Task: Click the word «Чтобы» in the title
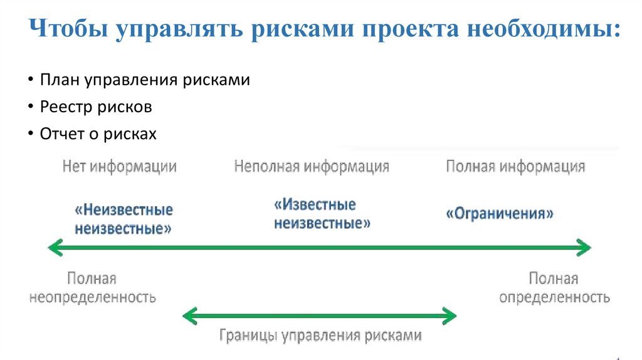(x=67, y=31)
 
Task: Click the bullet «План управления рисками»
(x=145, y=80)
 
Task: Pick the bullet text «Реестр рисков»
(x=96, y=107)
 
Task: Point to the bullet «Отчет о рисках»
(x=98, y=134)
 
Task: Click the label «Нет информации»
(x=119, y=167)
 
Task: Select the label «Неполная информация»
(x=312, y=167)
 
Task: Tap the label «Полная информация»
(x=515, y=167)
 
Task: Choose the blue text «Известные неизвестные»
(x=322, y=214)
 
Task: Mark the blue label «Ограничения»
(x=500, y=213)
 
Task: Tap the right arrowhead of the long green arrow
(x=585, y=248)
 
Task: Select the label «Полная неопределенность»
(x=92, y=288)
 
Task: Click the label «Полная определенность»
(x=554, y=288)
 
